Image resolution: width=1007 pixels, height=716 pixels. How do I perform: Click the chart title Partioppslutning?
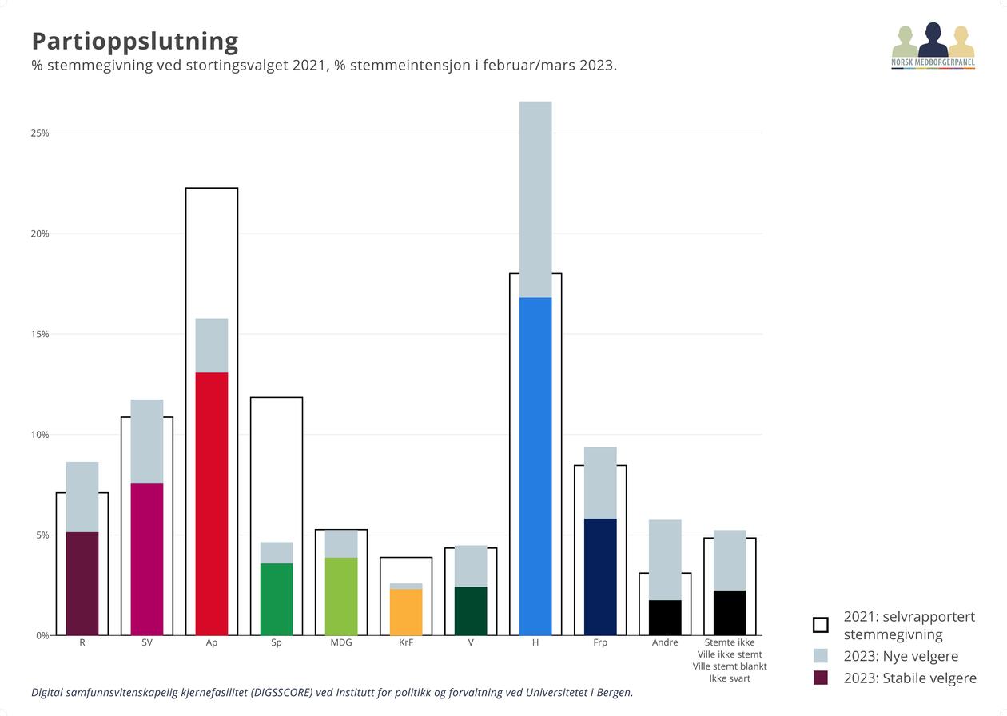[x=134, y=41]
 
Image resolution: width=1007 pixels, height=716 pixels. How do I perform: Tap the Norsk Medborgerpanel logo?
[x=933, y=46]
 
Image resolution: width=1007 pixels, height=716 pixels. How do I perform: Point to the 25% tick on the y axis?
[x=40, y=133]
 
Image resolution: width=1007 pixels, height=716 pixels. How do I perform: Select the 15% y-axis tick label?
[x=40, y=334]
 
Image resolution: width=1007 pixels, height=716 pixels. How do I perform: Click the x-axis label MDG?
[x=341, y=642]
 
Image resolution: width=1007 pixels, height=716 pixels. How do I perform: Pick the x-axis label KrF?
[x=406, y=642]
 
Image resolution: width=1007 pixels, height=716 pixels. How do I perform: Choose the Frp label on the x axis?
[x=600, y=642]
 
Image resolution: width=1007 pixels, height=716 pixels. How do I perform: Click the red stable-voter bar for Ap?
[x=212, y=503]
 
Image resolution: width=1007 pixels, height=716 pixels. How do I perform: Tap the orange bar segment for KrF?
[x=406, y=612]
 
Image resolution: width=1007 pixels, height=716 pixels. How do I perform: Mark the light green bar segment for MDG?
[x=341, y=596]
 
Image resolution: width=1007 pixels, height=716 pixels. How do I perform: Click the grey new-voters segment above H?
[x=535, y=200]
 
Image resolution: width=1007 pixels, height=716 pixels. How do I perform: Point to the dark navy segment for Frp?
[x=600, y=577]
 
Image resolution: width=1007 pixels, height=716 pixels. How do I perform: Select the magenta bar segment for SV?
[x=147, y=559]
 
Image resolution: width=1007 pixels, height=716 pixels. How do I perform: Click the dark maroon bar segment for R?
[x=82, y=583]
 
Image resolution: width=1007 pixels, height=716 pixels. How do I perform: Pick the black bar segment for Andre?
[x=665, y=618]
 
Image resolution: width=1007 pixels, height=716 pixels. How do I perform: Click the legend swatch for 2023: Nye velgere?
[x=820, y=656]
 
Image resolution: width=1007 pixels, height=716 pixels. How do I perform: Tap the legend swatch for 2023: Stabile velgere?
[x=820, y=678]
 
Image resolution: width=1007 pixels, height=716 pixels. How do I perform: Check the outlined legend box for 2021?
[x=820, y=625]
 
